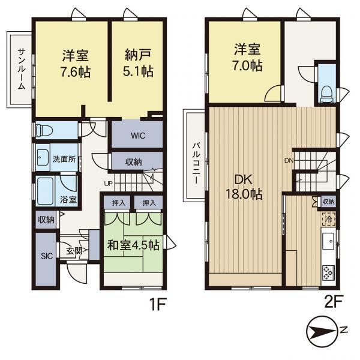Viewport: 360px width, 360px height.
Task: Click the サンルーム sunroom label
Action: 22,70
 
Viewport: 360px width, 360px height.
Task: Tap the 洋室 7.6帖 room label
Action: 76,64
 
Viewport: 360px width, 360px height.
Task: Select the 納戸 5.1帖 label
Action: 138,62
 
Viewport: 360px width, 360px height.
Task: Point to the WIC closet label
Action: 138,136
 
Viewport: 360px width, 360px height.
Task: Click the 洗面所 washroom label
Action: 64,159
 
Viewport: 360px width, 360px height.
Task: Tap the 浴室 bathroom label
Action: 68,200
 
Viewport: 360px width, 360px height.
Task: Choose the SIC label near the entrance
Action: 47,256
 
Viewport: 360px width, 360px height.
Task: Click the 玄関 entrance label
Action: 74,251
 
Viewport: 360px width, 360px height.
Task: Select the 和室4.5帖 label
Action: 133,245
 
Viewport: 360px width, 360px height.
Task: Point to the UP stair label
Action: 109,184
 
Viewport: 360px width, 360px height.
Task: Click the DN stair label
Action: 289,160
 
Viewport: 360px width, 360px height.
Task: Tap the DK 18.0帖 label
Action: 244,187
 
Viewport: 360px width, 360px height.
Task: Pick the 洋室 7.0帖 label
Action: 247,58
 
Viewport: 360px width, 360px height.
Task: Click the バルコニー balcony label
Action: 196,163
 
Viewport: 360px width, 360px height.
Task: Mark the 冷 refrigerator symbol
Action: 329,219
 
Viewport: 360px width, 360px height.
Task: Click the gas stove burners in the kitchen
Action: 328,273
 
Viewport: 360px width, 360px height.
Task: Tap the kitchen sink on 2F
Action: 329,241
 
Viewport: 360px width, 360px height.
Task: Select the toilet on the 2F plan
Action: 326,94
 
